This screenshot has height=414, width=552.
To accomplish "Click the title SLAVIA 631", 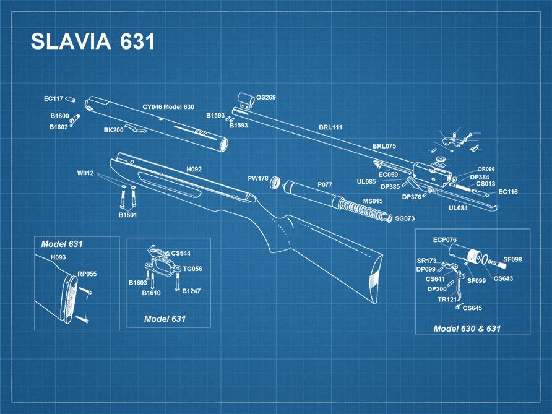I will [x=93, y=41].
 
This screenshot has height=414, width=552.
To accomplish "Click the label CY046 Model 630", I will [x=168, y=107].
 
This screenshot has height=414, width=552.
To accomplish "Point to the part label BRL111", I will [x=330, y=127].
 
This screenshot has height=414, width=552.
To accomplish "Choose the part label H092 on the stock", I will [x=194, y=169].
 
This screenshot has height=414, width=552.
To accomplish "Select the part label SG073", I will [x=405, y=219].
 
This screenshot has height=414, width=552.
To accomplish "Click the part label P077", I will [x=325, y=184].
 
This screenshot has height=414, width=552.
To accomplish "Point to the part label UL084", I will [x=458, y=209].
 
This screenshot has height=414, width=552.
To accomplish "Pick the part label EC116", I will [x=508, y=192].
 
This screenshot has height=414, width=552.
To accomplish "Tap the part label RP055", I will [x=87, y=274].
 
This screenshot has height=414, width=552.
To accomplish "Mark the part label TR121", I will [x=447, y=300].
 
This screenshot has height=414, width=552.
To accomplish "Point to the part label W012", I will [x=85, y=173].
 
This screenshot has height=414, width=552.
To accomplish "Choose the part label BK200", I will [x=113, y=131].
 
